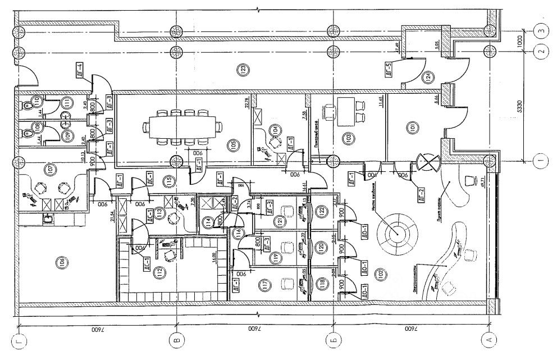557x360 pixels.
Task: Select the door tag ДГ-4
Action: (x=80, y=71)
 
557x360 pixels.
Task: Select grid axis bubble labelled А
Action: (x=490, y=339)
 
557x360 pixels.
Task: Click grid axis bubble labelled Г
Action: (x=20, y=339)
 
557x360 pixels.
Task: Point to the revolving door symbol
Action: (x=428, y=163)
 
